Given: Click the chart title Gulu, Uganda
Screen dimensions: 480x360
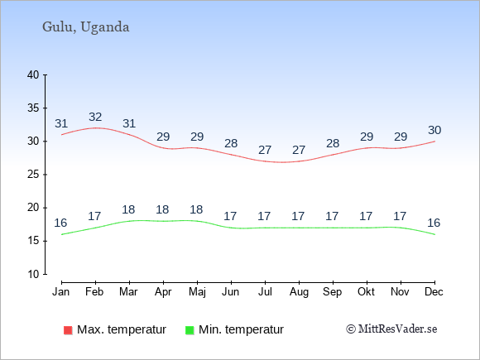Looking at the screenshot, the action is [86, 27].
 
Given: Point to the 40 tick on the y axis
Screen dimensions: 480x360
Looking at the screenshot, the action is [33, 74].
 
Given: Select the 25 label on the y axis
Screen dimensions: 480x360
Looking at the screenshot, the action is [33, 175].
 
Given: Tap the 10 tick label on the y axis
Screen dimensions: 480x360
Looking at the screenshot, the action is [33, 274].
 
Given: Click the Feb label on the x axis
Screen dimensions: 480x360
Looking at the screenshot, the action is [94, 292].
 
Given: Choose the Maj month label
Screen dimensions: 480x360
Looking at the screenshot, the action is [197, 292].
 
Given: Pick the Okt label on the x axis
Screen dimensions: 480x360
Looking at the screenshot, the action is [366, 292].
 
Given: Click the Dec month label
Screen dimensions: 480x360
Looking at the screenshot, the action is [434, 292].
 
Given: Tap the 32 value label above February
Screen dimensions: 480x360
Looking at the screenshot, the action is [95, 117].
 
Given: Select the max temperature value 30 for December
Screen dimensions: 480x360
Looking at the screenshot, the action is [434, 131].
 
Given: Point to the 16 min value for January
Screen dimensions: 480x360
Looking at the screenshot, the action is [60, 223].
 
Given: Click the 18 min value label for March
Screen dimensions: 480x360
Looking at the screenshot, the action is [128, 209].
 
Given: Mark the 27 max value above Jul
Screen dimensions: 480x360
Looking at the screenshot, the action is [265, 150].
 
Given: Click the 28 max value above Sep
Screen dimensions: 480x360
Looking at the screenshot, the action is [333, 143].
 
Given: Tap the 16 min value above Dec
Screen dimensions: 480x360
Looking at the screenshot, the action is [434, 223].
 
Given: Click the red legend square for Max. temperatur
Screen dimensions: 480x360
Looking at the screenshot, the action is [68, 330].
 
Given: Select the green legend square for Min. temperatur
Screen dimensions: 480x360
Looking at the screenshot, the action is [190, 330].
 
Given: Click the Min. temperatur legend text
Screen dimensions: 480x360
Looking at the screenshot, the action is [241, 329].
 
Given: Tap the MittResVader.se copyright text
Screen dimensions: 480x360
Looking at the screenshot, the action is [391, 329].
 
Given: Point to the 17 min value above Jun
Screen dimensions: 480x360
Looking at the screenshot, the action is [230, 217].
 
